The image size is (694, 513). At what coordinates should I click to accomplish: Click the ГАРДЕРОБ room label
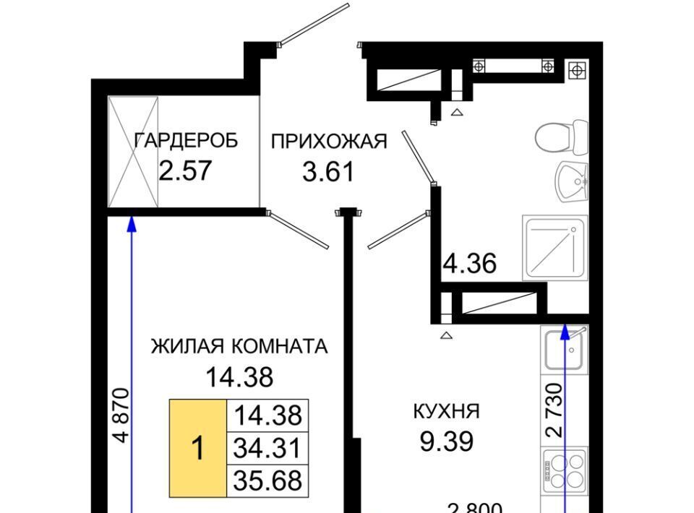pyautogui.click(x=186, y=141)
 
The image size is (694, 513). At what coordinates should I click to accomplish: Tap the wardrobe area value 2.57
pyautogui.click(x=186, y=171)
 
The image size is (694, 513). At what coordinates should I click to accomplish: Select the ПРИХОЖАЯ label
pyautogui.click(x=329, y=142)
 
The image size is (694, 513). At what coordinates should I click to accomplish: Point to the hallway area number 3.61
pyautogui.click(x=328, y=171)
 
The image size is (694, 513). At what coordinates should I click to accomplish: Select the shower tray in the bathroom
pyautogui.click(x=555, y=248)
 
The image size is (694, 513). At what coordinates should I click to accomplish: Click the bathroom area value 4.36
pyautogui.click(x=470, y=264)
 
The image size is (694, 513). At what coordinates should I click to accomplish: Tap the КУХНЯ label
pyautogui.click(x=447, y=411)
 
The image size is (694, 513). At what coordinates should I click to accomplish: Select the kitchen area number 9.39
pyautogui.click(x=447, y=441)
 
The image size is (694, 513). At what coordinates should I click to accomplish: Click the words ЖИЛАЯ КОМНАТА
pyautogui.click(x=239, y=346)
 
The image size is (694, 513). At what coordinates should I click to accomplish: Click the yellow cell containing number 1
pyautogui.click(x=198, y=448)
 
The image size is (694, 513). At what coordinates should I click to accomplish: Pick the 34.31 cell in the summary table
pyautogui.click(x=267, y=448)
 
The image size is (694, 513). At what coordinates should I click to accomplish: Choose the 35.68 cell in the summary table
pyautogui.click(x=267, y=480)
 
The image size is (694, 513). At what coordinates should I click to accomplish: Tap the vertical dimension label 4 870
pyautogui.click(x=121, y=415)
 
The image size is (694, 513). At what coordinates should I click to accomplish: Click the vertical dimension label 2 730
pyautogui.click(x=554, y=410)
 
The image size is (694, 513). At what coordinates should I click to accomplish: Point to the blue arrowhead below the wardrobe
pyautogui.click(x=131, y=224)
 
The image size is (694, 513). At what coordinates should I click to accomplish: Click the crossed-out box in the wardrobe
pyautogui.click(x=133, y=152)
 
